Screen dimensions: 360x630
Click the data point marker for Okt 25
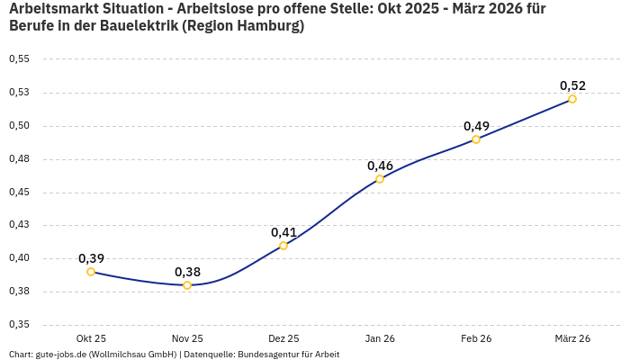(x=91, y=272)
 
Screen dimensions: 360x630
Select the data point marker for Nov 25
(x=187, y=285)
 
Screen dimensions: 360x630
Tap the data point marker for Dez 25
(x=283, y=246)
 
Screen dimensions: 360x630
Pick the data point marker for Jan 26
(x=380, y=179)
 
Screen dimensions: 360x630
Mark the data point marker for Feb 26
(x=476, y=139)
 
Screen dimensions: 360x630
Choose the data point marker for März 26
(x=572, y=99)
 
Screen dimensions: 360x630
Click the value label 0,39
(x=91, y=258)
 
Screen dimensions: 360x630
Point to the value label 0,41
(x=283, y=232)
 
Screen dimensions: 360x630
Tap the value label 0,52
(x=572, y=85)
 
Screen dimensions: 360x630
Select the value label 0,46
(x=380, y=166)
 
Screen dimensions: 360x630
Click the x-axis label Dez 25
(x=283, y=338)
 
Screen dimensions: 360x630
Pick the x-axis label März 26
(x=572, y=338)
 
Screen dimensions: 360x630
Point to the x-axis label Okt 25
(x=91, y=338)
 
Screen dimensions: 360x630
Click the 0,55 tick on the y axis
(x=19, y=59)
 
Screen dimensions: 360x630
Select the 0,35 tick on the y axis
(x=19, y=325)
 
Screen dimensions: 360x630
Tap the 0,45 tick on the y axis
(x=19, y=193)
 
